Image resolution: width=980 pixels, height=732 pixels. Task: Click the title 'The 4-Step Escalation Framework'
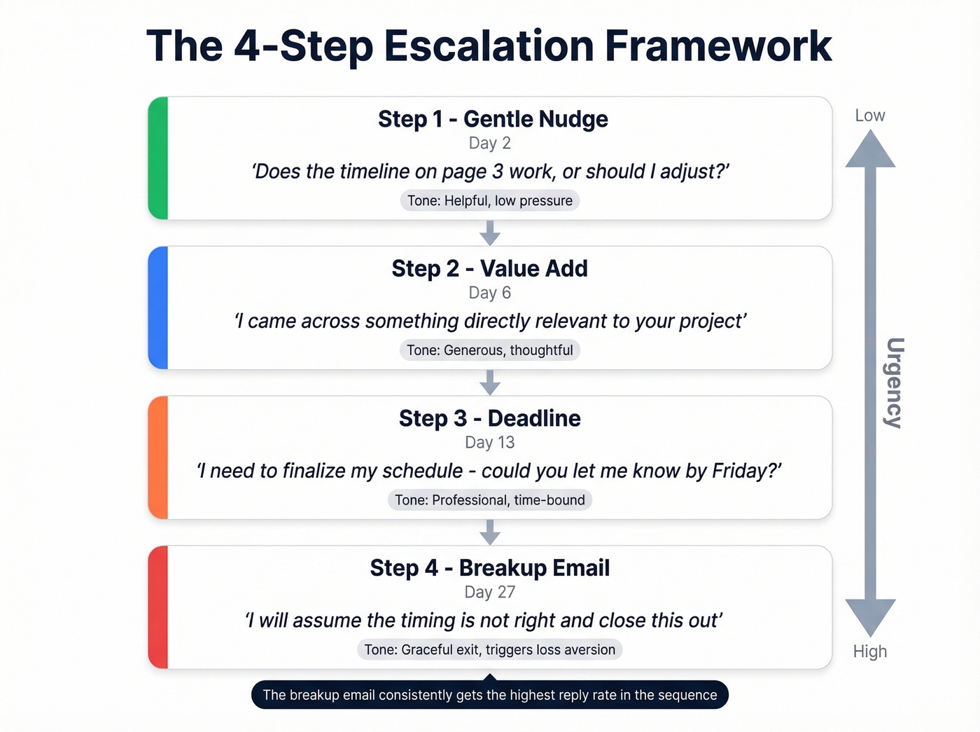tap(489, 46)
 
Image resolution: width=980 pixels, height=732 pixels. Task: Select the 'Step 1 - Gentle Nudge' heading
tap(493, 119)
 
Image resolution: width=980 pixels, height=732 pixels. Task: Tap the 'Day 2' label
tap(489, 144)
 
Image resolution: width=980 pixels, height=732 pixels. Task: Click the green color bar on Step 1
tap(158, 158)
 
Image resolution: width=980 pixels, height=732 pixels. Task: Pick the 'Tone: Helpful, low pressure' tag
tap(489, 201)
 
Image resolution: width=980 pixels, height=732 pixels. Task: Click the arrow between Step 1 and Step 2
tap(490, 233)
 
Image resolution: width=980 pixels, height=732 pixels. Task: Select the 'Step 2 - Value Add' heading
tap(489, 269)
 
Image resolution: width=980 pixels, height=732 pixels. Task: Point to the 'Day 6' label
tap(489, 293)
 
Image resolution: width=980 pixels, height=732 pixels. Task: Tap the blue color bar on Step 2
tap(158, 308)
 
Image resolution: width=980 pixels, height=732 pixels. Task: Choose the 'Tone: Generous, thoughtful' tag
tap(489, 350)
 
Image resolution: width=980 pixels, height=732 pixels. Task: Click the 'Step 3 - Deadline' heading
tap(489, 419)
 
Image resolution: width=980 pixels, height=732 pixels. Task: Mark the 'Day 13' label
tap(489, 443)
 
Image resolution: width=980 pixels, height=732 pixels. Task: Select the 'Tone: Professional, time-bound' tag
tap(489, 500)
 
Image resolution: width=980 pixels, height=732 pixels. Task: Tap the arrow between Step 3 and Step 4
tap(490, 532)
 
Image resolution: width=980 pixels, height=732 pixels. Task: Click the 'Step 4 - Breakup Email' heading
tap(489, 568)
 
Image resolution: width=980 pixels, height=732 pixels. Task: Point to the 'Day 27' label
tap(489, 593)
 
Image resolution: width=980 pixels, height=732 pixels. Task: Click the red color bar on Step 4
tap(158, 607)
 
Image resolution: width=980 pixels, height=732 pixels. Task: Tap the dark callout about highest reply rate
tap(489, 695)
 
